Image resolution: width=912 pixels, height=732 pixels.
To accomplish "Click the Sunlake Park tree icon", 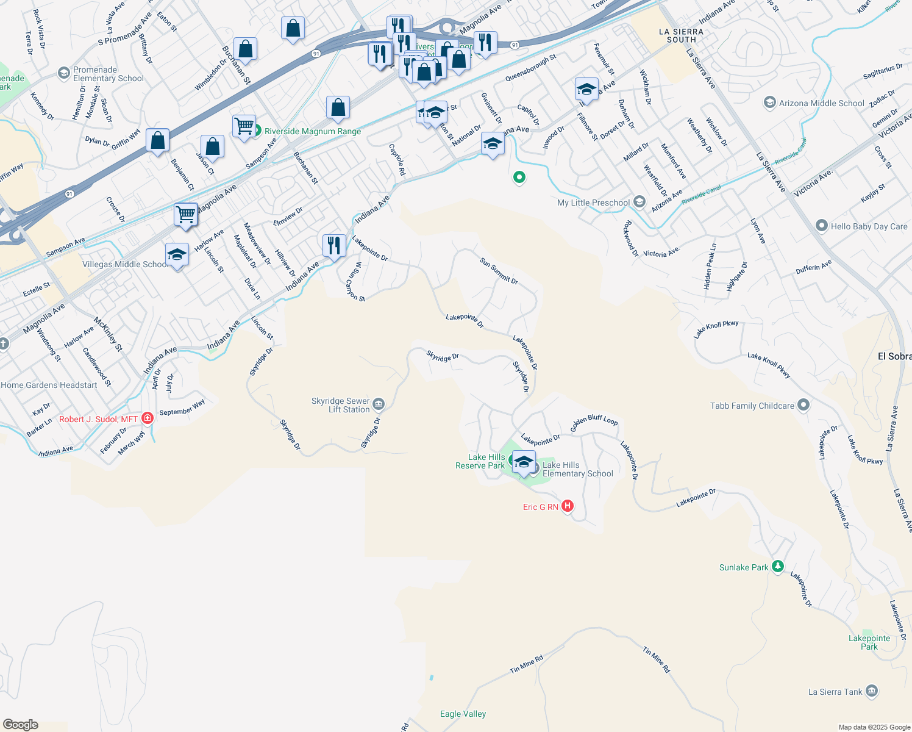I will tap(777, 567).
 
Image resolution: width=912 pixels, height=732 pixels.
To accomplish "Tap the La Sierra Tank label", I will tap(835, 692).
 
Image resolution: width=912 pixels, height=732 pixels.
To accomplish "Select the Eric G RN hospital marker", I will tap(568, 506).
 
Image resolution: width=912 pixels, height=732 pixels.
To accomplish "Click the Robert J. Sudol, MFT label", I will tap(98, 419).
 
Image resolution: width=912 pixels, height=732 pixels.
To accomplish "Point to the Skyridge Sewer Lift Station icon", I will tap(379, 404).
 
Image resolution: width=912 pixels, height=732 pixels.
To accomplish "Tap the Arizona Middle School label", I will tap(821, 103).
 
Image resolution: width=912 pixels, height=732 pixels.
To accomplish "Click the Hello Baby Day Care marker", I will tap(822, 226).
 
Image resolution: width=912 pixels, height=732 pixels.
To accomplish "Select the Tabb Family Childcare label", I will tap(752, 406).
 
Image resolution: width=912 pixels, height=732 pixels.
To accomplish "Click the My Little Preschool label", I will tap(593, 203).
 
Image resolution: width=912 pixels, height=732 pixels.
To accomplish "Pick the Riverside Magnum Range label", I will tap(313, 131).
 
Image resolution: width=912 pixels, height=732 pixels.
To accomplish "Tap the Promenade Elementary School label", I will tap(109, 74).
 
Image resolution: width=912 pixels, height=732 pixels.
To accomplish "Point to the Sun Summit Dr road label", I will tap(499, 271).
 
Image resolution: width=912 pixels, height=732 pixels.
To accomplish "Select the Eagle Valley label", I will tap(463, 714).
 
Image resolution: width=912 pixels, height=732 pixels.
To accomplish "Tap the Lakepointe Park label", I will tap(869, 642).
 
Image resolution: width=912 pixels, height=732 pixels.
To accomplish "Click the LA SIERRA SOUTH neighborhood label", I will tap(681, 35).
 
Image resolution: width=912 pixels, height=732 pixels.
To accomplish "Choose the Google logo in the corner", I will tap(20, 724).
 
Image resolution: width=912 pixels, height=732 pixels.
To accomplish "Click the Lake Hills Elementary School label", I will tap(577, 469).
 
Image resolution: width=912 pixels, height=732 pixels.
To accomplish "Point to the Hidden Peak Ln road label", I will tap(710, 267).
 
